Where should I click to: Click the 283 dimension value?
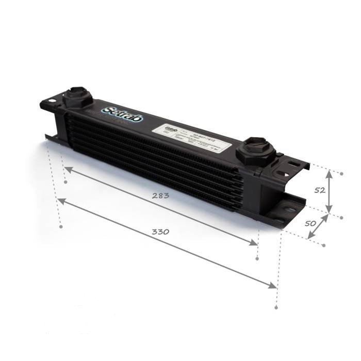click(160, 196)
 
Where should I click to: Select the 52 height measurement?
click(320, 190)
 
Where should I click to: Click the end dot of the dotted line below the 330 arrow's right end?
click(277, 308)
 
